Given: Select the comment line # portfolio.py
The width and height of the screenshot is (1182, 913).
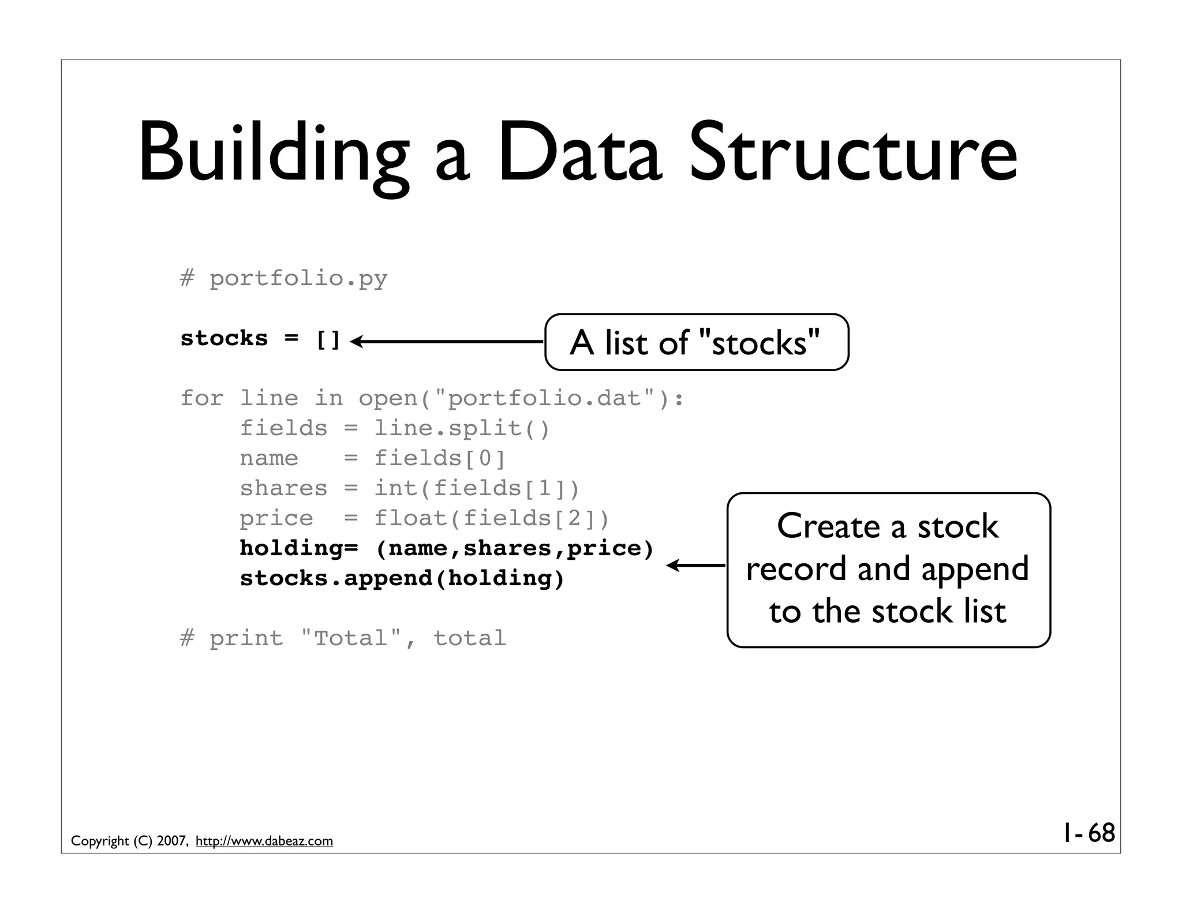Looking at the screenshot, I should coord(283,279).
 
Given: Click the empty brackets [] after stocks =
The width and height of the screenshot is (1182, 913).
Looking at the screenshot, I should coord(328,339).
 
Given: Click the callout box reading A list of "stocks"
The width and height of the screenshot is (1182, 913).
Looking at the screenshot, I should coord(696,342).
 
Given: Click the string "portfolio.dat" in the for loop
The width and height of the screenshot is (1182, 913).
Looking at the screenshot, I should coord(545,398).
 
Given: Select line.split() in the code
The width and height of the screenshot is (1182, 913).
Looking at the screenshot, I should coord(462,428).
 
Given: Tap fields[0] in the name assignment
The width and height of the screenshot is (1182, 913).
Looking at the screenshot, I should coord(440,458).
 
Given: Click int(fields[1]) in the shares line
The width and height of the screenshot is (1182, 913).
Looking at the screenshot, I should coord(477,488).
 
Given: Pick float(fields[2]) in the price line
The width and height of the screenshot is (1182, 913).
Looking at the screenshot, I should coord(492,518).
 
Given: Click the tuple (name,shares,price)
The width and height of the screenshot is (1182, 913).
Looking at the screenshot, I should coord(515,548).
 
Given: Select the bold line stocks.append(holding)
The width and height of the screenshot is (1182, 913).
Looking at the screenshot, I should coord(402,578).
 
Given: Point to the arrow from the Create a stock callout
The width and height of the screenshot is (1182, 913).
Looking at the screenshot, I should coord(695,566).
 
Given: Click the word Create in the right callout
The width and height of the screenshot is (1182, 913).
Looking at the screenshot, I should coord(828,526).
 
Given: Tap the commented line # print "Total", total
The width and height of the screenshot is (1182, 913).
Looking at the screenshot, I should coord(343,638).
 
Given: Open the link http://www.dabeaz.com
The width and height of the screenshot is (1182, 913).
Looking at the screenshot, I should coord(264,841).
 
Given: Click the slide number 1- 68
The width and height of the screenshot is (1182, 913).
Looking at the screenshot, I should coord(1089,833).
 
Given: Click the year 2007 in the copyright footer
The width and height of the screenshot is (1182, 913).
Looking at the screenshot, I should coord(171,841).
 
